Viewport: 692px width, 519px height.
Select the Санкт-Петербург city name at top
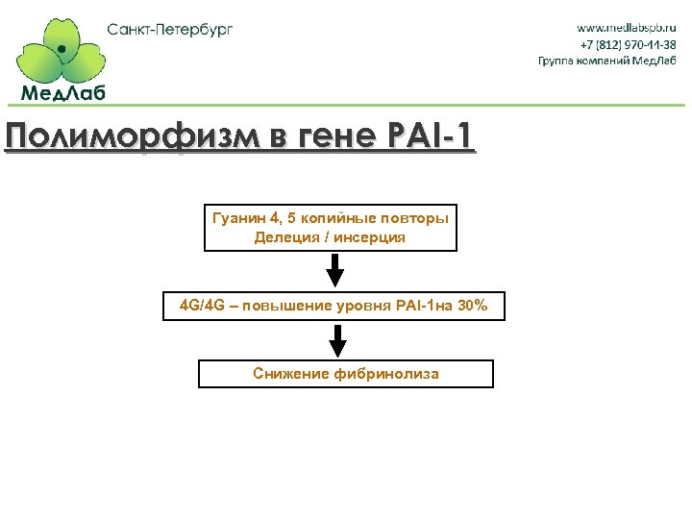170,29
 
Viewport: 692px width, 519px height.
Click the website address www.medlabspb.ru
627,28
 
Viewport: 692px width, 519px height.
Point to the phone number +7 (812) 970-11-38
628,44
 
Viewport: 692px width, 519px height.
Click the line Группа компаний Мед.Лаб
607,61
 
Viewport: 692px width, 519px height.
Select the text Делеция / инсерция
330,237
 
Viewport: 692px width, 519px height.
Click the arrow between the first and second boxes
334,271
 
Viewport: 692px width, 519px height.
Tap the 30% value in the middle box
473,307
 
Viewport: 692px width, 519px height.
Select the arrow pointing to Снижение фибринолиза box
337,341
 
